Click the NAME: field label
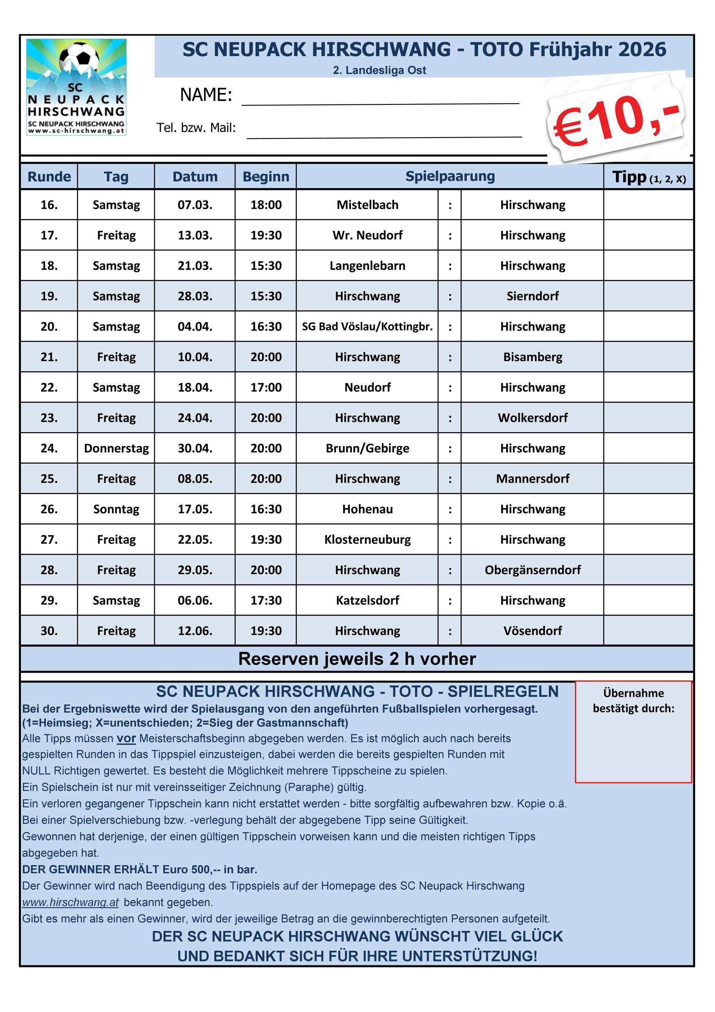pyautogui.click(x=206, y=95)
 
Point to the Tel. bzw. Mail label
pyautogui.click(x=196, y=128)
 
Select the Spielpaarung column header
pyautogui.click(x=450, y=176)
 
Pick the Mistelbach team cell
pyautogui.click(x=367, y=205)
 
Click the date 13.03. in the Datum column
pyautogui.click(x=195, y=235)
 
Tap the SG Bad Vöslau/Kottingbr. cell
pyautogui.click(x=367, y=327)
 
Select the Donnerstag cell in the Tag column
pyautogui.click(x=116, y=448)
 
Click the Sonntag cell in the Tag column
pyautogui.click(x=116, y=509)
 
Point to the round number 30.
pyautogui.click(x=49, y=631)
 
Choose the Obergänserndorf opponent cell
pyautogui.click(x=532, y=570)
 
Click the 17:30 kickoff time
pyautogui.click(x=266, y=600)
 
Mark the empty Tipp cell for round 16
pyautogui.click(x=648, y=205)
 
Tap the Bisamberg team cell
pyautogui.click(x=532, y=357)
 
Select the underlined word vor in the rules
pyautogui.click(x=126, y=739)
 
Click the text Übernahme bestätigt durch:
pyautogui.click(x=634, y=701)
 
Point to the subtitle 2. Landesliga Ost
pyautogui.click(x=379, y=70)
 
